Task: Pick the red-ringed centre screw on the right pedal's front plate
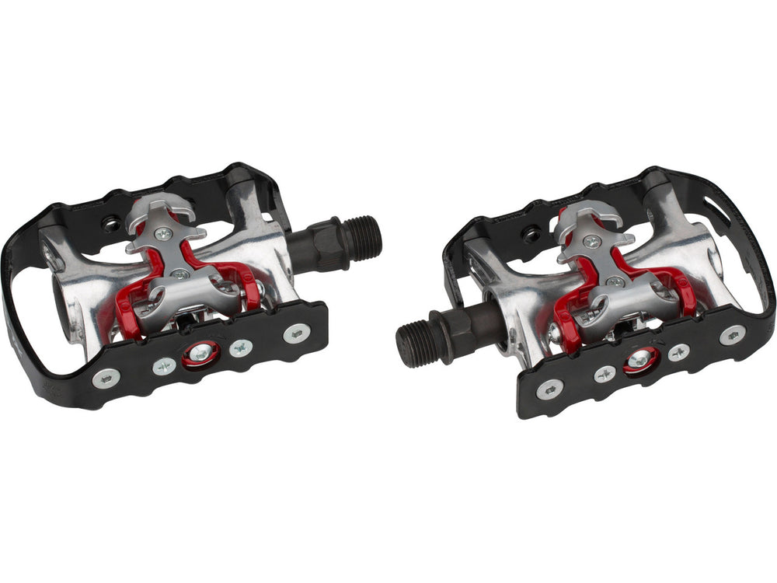coord(642,359)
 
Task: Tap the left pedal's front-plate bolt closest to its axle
coord(295,333)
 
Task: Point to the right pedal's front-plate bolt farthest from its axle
coord(731,334)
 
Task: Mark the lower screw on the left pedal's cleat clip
coord(181,274)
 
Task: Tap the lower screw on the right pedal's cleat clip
coord(615,281)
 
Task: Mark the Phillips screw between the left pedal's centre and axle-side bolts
coord(240,347)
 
